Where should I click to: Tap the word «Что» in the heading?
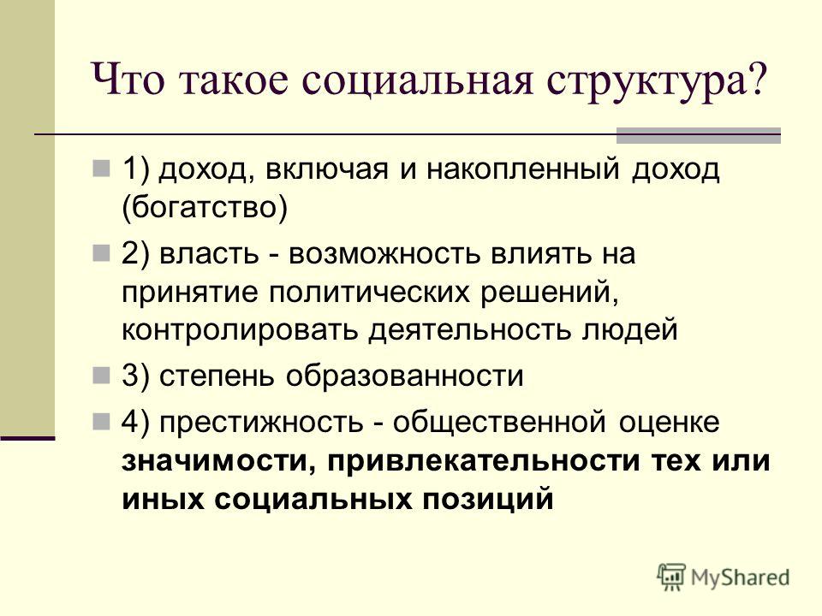[x=129, y=80]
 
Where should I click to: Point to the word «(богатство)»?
[x=205, y=207]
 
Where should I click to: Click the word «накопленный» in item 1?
[x=522, y=169]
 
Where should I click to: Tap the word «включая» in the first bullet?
[x=326, y=169]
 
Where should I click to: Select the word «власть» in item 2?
[x=209, y=254]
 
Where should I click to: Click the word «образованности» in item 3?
[x=404, y=376]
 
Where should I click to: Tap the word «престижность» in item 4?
[x=261, y=423]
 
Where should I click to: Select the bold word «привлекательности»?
[x=483, y=461]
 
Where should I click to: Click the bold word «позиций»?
[x=488, y=499]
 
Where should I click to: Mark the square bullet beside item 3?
[x=101, y=375]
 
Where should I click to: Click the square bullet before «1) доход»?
[x=101, y=169]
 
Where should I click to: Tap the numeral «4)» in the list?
[x=136, y=422]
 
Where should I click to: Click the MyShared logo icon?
[x=671, y=577]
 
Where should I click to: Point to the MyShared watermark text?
[x=740, y=577]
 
